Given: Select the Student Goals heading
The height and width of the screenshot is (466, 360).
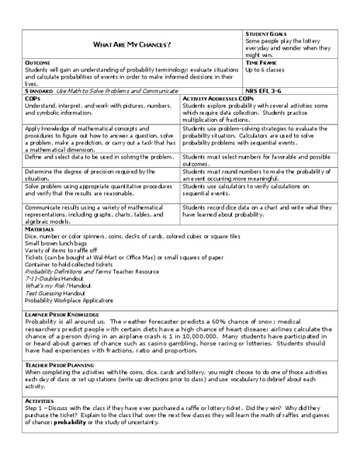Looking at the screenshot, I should (x=268, y=35).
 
